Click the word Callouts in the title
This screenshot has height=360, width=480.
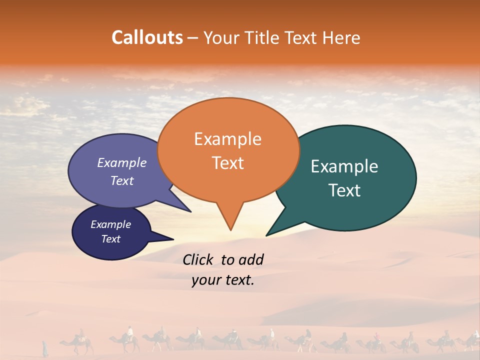[147, 37]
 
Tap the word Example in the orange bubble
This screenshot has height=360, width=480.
[227, 139]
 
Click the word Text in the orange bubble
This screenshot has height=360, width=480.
[227, 163]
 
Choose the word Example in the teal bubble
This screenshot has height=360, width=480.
[344, 166]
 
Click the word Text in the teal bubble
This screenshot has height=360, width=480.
[344, 190]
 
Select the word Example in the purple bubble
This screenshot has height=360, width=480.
[122, 162]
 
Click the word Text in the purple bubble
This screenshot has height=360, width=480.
[122, 180]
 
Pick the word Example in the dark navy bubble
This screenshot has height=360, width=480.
[111, 224]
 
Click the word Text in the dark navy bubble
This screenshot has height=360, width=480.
[111, 239]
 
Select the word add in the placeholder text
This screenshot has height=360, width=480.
[251, 259]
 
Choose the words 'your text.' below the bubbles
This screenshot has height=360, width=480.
[223, 280]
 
